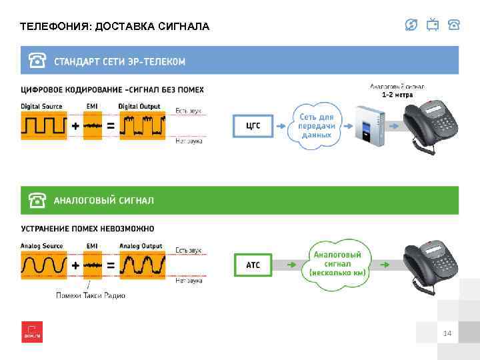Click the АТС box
253,265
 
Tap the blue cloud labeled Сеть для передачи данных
316,125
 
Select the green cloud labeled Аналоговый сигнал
338,263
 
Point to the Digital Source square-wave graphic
44,125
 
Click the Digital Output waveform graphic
142,125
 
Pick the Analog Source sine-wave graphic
44,265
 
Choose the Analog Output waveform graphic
142,265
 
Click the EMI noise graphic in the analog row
93,265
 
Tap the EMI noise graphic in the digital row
93,125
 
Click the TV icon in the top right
433,25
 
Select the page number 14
447,333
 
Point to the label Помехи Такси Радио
91,295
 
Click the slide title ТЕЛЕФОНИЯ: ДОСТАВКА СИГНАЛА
115,27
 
